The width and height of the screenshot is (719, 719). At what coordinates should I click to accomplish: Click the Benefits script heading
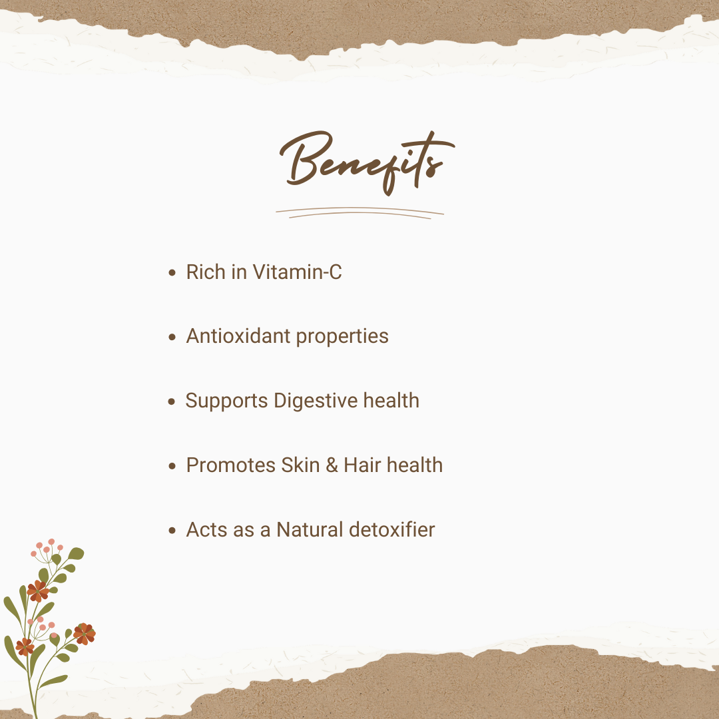tap(367, 163)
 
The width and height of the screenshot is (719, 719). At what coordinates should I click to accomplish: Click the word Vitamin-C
tap(297, 272)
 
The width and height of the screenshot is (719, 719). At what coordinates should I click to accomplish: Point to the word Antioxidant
tap(238, 336)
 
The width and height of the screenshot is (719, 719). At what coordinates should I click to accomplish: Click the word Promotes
tap(230, 465)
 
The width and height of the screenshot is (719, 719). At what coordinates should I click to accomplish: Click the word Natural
tap(310, 530)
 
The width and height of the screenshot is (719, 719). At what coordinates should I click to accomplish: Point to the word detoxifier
tap(392, 530)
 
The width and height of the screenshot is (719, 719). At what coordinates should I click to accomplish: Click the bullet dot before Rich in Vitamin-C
tap(172, 273)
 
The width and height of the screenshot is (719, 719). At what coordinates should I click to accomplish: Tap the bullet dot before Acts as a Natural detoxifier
tap(172, 531)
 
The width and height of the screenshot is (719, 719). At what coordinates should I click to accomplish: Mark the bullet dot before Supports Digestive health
tap(172, 401)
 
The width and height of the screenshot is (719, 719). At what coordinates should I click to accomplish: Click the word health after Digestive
tap(391, 401)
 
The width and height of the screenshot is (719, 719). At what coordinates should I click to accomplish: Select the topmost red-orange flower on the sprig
tap(37, 591)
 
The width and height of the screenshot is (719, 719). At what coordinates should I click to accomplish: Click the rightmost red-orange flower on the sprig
tap(85, 634)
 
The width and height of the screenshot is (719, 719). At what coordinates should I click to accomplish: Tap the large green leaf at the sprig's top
tap(76, 553)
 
